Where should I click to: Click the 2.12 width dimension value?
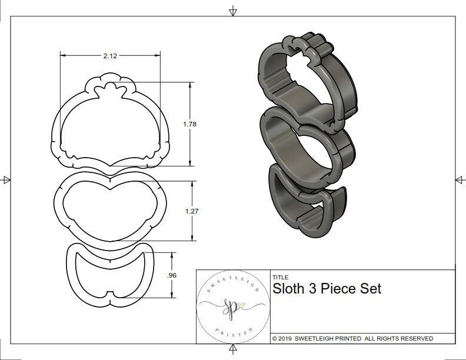(x=109, y=56)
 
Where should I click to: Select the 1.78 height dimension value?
(x=189, y=124)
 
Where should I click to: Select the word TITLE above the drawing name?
(x=280, y=277)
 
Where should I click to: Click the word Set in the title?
(x=370, y=289)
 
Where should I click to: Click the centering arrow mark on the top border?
(x=234, y=11)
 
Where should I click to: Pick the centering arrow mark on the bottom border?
(x=234, y=349)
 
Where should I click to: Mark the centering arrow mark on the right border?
(x=460, y=180)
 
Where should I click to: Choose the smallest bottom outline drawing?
(x=110, y=274)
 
